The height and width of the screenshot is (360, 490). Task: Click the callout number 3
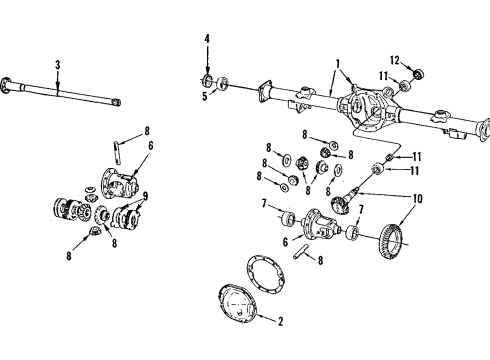(57, 64)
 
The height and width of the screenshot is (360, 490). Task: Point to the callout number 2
(280, 321)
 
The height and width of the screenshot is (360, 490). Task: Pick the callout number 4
(206, 39)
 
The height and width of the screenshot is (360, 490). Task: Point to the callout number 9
(146, 195)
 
